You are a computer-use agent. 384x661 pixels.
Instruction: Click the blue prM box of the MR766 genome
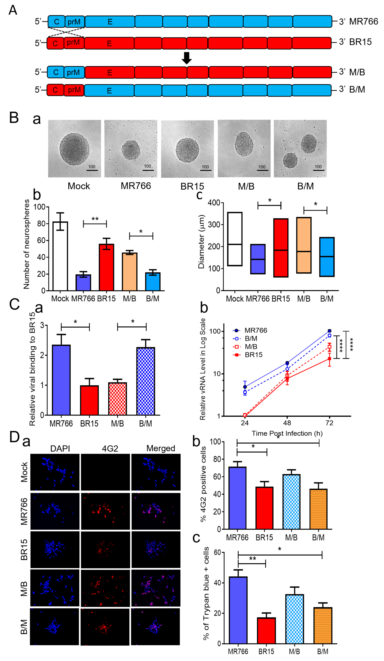click(74, 21)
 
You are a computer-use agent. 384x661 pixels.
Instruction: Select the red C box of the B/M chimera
click(55, 90)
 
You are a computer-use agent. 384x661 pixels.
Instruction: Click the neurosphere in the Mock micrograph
click(74, 149)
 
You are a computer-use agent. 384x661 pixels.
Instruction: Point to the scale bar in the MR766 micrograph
click(148, 170)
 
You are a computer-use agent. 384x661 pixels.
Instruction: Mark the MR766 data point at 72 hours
click(329, 331)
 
